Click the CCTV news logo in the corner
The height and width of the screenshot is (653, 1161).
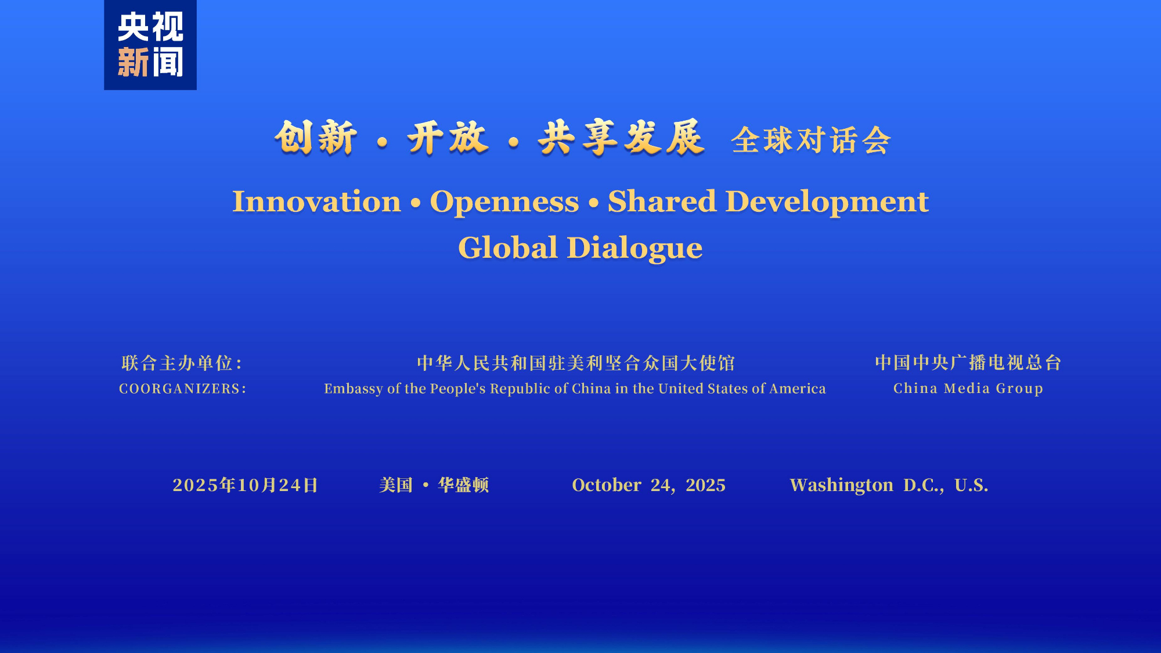pyautogui.click(x=150, y=45)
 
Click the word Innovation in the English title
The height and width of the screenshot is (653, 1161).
pyautogui.click(x=317, y=201)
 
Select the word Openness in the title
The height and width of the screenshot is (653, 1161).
pyautogui.click(x=504, y=201)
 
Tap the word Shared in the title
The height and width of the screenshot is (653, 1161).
pyautogui.click(x=662, y=201)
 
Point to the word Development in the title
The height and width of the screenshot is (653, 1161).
pyautogui.click(x=827, y=202)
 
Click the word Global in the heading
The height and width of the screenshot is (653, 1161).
pyautogui.click(x=508, y=248)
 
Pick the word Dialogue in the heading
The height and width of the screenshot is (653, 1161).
pyautogui.click(x=635, y=248)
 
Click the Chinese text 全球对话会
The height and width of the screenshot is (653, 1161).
pyautogui.click(x=811, y=140)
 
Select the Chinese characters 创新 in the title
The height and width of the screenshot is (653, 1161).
pyautogui.click(x=316, y=138)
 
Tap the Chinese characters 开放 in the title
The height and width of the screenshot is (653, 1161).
pyautogui.click(x=448, y=138)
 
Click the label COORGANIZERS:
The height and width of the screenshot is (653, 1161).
pyautogui.click(x=183, y=388)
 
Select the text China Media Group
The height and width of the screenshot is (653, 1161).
pyautogui.click(x=968, y=388)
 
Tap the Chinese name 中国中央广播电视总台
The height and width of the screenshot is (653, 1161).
pyautogui.click(x=968, y=362)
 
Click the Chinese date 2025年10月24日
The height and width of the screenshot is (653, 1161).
pyautogui.click(x=246, y=485)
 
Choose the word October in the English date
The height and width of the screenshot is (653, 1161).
pyautogui.click(x=607, y=485)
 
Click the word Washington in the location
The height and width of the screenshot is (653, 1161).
pyautogui.click(x=842, y=485)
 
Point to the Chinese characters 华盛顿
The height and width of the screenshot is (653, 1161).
pyautogui.click(x=463, y=485)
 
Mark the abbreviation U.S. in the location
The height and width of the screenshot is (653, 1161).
pyautogui.click(x=971, y=485)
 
